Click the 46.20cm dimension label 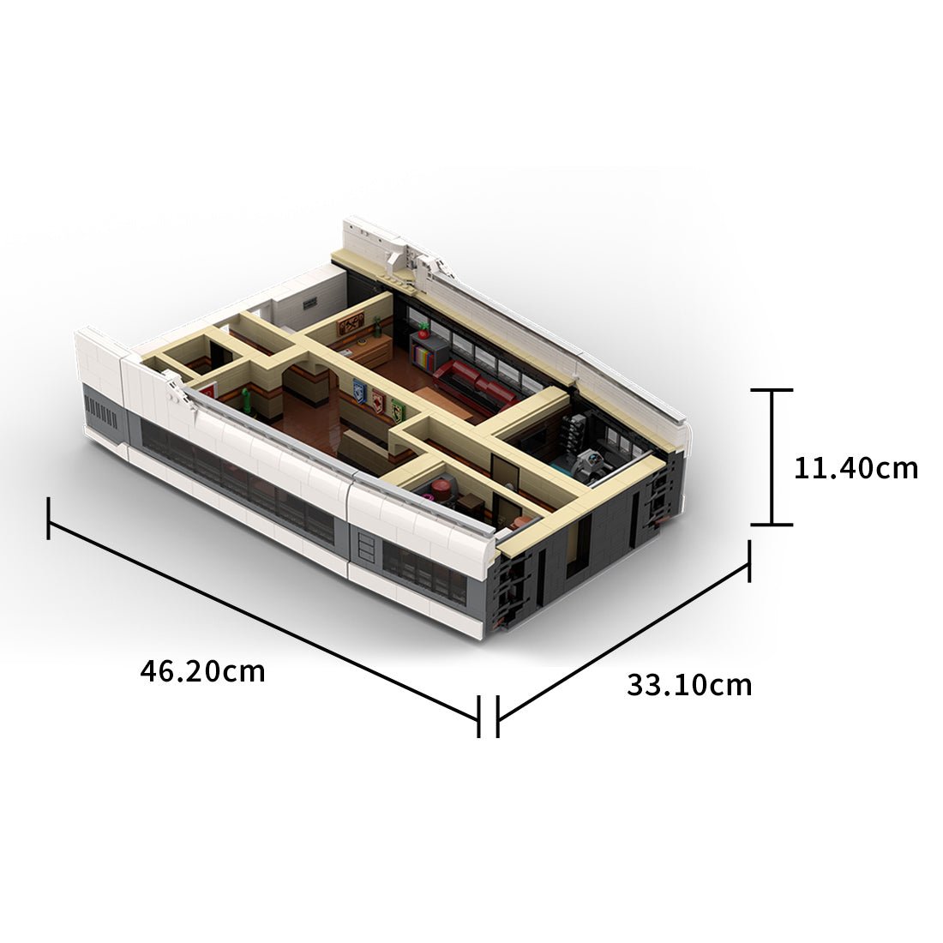202,670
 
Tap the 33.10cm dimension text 688,685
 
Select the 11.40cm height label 855,468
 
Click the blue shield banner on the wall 358,392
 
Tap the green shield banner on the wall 397,409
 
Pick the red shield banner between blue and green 377,400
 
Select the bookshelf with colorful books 423,350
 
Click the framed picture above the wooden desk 351,323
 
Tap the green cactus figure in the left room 247,399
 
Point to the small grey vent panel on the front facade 366,546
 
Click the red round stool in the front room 443,489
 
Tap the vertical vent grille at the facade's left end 105,418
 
